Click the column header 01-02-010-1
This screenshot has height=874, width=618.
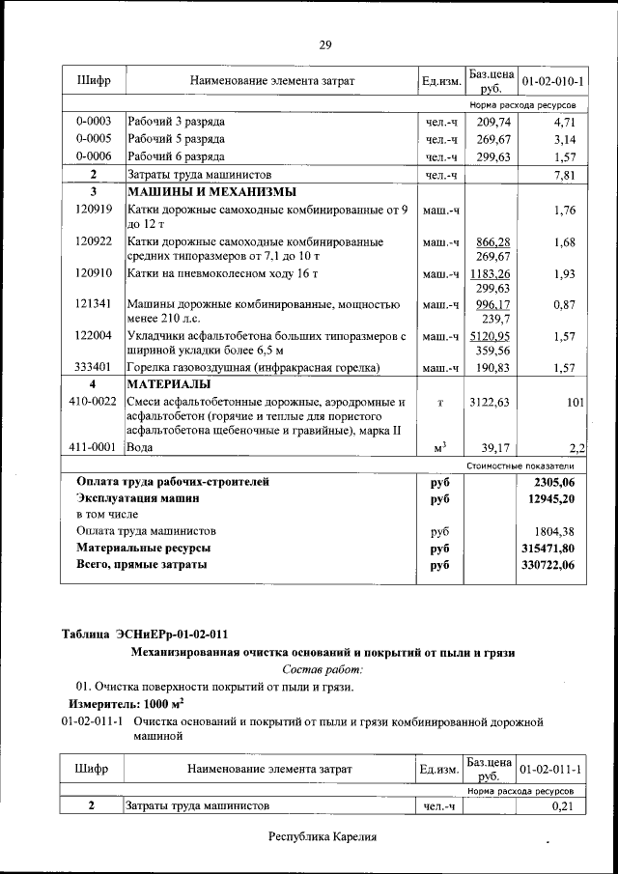point(552,81)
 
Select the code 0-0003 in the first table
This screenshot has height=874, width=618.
point(94,122)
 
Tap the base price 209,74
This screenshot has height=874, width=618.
point(492,123)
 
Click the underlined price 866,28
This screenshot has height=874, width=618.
point(492,241)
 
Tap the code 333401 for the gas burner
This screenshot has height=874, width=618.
point(94,367)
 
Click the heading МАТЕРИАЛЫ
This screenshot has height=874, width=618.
point(169,384)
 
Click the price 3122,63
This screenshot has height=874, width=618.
point(491,402)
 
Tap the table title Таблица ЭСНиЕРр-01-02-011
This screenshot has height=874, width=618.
point(145,634)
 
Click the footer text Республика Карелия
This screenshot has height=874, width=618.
point(322,837)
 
